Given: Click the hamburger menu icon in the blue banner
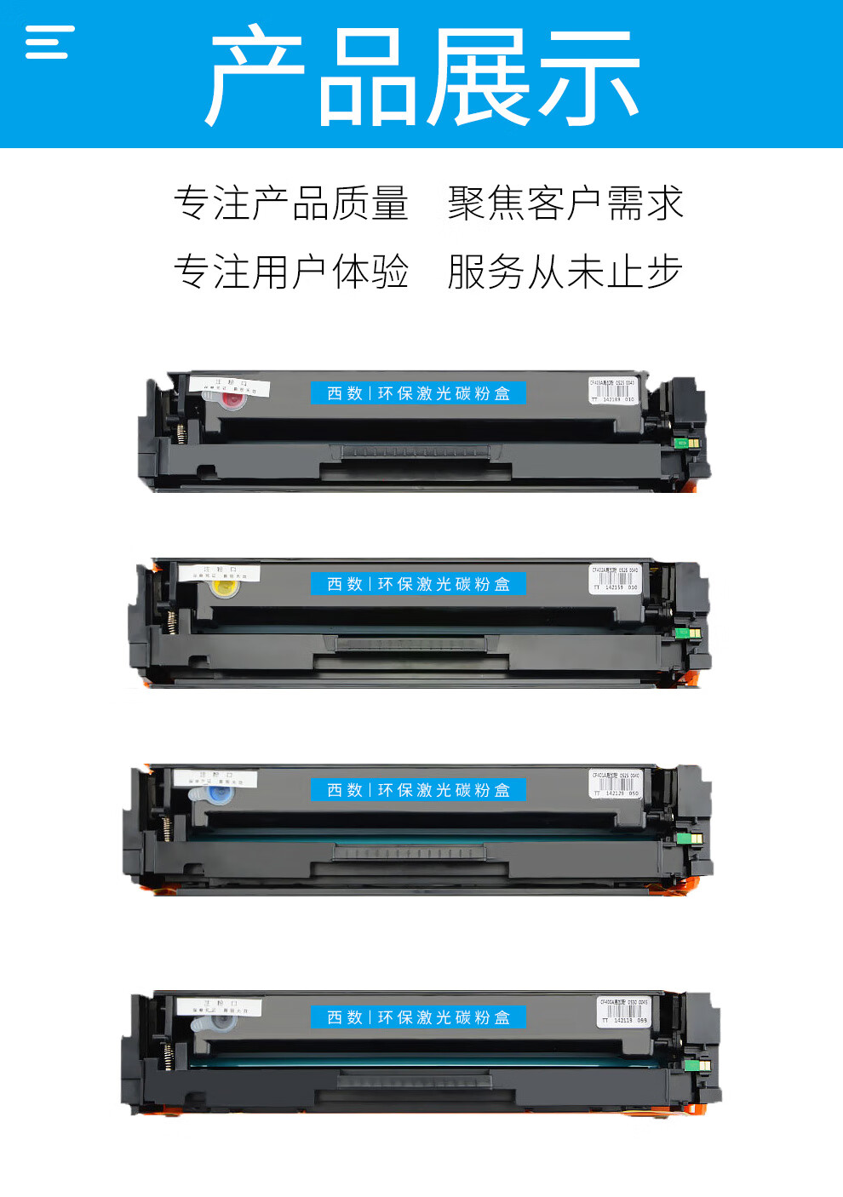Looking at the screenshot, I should (x=49, y=42).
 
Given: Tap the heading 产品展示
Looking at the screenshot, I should (x=421, y=77).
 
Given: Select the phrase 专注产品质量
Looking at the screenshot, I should (x=291, y=203).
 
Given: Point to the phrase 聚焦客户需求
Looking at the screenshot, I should (x=565, y=203).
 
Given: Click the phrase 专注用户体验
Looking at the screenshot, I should (x=291, y=272).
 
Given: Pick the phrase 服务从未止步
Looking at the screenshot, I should (x=565, y=272).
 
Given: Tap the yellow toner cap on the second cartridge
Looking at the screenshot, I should (x=225, y=587).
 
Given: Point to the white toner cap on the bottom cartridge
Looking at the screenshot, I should (x=204, y=1022).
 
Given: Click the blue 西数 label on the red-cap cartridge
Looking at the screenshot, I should (x=418, y=393).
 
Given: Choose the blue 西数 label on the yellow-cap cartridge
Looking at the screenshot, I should (x=418, y=584).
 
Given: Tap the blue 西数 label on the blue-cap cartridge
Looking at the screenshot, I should (x=418, y=790).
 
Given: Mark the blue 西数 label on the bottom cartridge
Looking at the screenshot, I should (x=418, y=1017).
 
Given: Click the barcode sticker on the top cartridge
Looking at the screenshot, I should (x=613, y=390).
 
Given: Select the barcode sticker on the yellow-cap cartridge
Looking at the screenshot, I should (x=615, y=578).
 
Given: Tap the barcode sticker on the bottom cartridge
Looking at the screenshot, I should (x=623, y=1011).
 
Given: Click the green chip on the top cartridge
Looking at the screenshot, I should (x=681, y=443).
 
